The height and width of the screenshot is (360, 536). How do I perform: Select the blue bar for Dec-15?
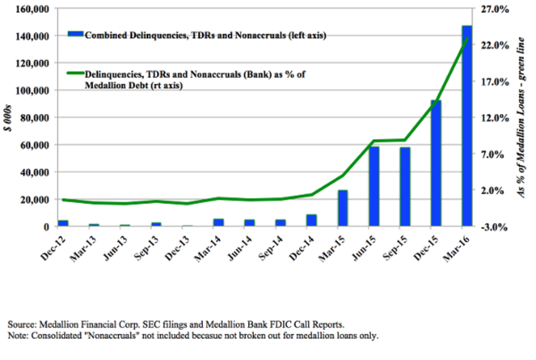(x=435, y=163)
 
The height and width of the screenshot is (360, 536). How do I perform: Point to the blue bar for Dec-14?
(x=311, y=220)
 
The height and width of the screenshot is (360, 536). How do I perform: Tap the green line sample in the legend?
(x=75, y=74)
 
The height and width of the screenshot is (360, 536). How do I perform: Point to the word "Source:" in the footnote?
(x=21, y=324)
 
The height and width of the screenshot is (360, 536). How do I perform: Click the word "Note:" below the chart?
(x=17, y=335)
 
